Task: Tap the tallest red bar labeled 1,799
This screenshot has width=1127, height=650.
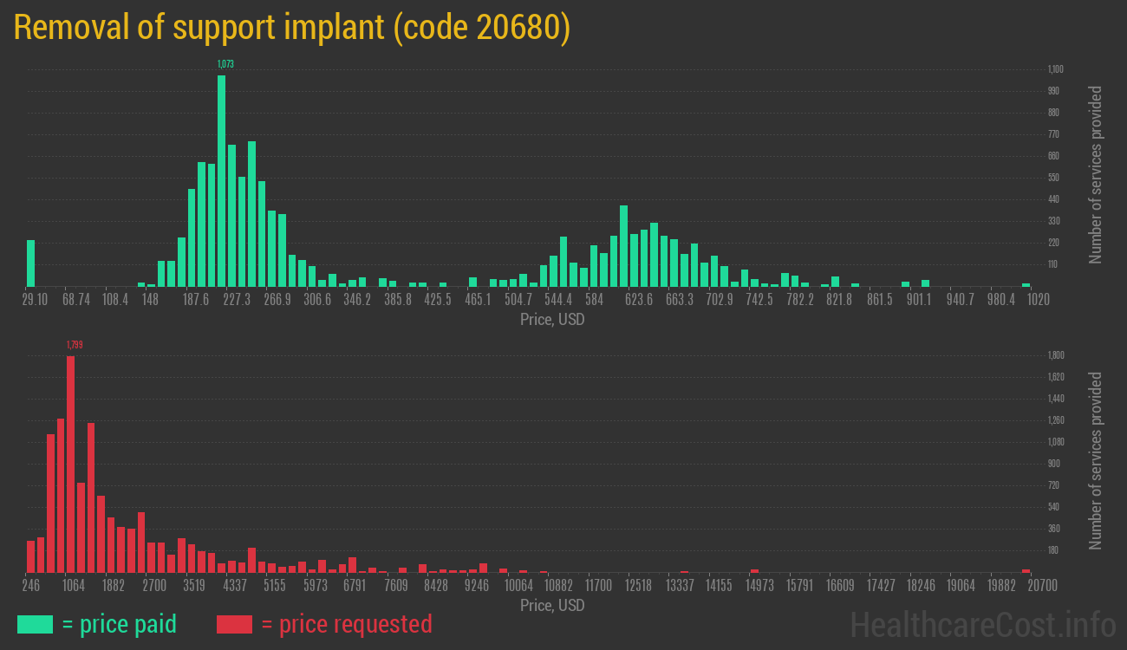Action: pos(70,464)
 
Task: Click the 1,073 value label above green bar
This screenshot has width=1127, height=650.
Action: pos(225,64)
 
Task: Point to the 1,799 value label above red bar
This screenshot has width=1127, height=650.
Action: pos(75,345)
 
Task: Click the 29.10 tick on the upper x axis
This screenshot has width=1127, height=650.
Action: pos(35,300)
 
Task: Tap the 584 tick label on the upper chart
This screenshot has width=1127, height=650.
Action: pos(594,300)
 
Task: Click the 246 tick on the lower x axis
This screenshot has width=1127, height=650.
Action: pos(32,586)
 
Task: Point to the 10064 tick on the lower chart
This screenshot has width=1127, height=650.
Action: pos(518,586)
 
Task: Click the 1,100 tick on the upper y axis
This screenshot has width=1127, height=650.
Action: pos(1055,69)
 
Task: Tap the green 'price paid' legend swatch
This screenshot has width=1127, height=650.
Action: pos(35,624)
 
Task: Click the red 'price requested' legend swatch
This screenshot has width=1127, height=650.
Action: pos(234,624)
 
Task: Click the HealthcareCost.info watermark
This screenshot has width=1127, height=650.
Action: pos(982,624)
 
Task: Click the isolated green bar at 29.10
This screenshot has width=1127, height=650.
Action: pos(30,263)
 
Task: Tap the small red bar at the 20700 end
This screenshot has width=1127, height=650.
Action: pos(1026,570)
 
